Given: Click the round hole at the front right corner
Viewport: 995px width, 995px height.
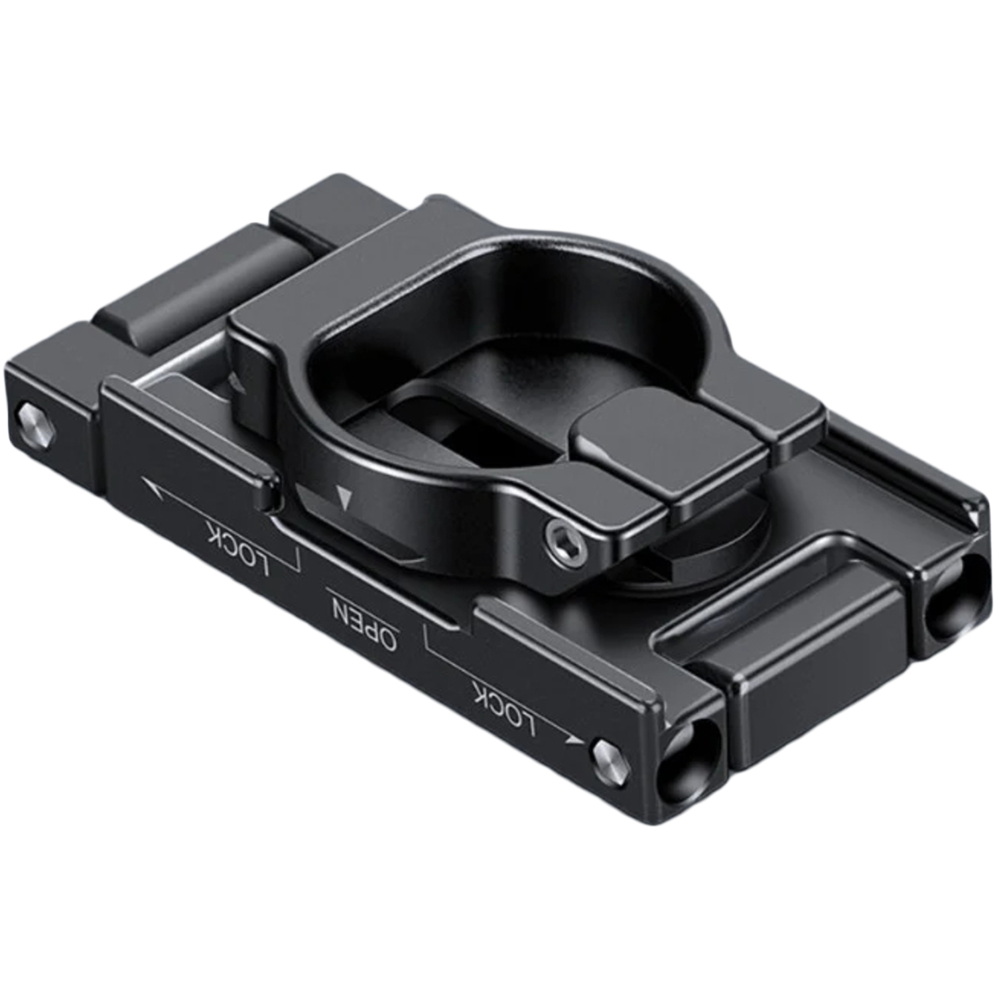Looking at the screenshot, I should click(690, 756).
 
